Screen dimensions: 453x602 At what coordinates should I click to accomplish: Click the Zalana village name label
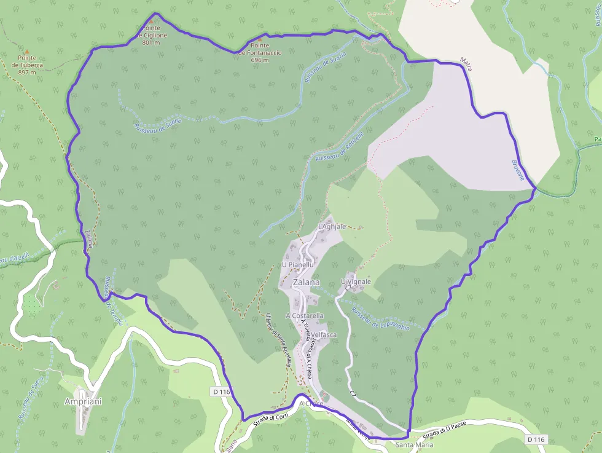coord(307,283)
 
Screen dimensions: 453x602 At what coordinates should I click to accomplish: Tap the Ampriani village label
coord(83,401)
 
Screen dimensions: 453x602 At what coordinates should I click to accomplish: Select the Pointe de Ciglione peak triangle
coord(150,21)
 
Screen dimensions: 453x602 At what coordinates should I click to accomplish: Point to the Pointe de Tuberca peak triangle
coord(26,51)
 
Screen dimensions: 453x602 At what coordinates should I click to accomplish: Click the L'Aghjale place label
coord(332,227)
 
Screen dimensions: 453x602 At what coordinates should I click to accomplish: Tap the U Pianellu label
coord(297,265)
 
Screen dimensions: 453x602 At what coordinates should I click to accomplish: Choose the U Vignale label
coord(356,282)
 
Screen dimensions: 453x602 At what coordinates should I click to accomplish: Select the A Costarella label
coord(305,315)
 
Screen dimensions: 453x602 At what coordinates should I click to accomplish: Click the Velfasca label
coord(324,335)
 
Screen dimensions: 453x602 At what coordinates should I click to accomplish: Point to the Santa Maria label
coord(415,444)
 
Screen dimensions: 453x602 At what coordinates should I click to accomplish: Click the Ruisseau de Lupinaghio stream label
coord(381,318)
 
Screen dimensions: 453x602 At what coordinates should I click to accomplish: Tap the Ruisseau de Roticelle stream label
coord(340,146)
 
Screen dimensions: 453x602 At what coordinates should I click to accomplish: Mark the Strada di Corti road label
coord(270,416)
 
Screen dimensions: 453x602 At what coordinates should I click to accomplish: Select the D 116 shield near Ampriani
coord(223,391)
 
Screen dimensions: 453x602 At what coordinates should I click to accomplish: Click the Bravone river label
coord(518,170)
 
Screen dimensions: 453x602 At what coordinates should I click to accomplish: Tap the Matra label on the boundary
coord(466,63)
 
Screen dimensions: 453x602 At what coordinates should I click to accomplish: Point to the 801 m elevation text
coord(150,42)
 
